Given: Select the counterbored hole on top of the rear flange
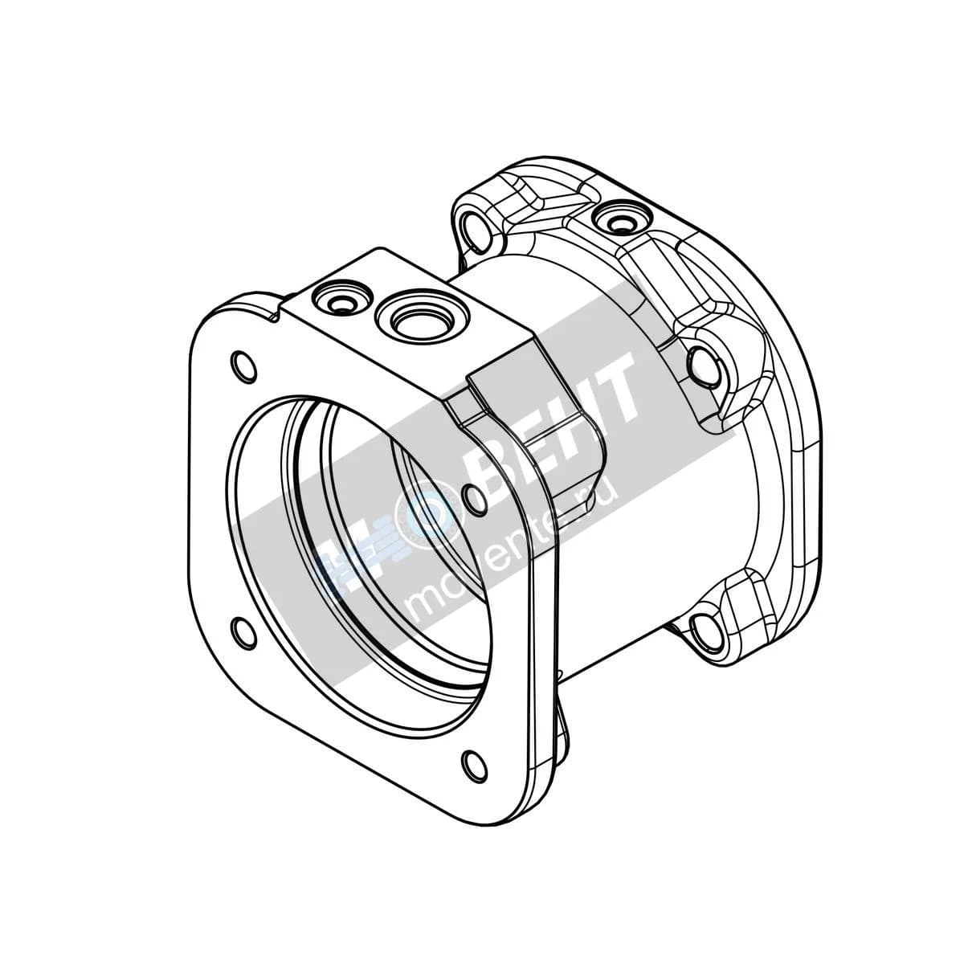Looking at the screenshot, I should [x=619, y=217].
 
